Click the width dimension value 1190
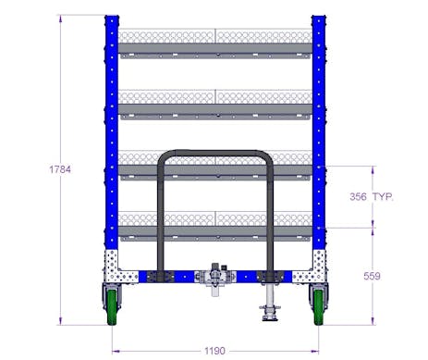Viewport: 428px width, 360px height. click(214, 351)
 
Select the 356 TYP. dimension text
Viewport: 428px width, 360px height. click(373, 196)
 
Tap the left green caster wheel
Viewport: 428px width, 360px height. click(112, 306)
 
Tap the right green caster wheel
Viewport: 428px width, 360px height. click(319, 306)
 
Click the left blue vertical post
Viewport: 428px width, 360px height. click(112, 139)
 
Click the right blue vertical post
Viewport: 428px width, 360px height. click(318, 139)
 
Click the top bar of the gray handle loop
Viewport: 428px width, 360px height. click(214, 153)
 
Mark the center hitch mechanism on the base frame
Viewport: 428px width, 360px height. click(216, 277)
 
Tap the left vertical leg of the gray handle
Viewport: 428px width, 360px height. click(162, 213)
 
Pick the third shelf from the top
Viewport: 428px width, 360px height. click(214, 173)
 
